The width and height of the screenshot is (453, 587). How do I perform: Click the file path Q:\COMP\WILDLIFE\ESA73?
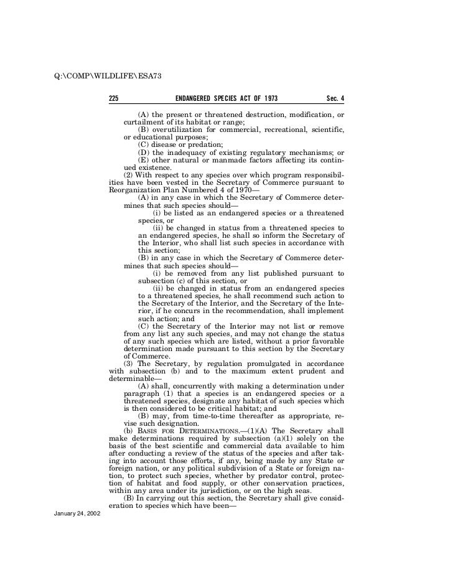pos(108,76)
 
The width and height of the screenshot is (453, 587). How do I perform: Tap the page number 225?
pos(114,99)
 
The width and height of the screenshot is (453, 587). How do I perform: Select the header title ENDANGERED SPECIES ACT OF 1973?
pos(226,99)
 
